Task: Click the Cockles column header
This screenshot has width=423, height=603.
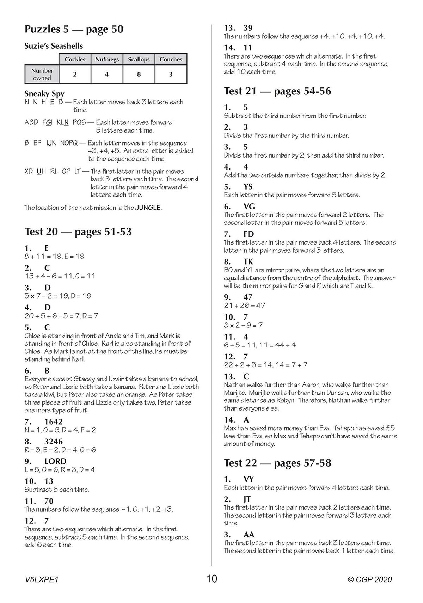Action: click(x=75, y=59)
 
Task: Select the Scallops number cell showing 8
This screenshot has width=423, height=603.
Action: click(x=139, y=74)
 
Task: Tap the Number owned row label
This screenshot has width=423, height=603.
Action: click(x=42, y=74)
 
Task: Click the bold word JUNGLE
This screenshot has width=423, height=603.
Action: click(x=148, y=208)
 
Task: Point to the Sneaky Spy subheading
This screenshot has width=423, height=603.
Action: click(x=44, y=94)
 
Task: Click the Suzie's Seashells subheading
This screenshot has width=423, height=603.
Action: click(x=54, y=46)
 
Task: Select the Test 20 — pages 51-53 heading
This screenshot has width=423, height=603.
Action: click(x=78, y=232)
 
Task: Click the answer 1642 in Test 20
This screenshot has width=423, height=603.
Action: click(x=53, y=422)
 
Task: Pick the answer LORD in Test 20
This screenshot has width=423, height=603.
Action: click(x=55, y=461)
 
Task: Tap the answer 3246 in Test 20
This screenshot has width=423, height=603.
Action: click(x=53, y=441)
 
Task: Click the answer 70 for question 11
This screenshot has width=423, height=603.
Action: click(x=49, y=501)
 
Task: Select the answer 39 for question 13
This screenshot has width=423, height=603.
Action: click(x=248, y=28)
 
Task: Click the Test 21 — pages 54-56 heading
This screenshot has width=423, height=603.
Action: click(x=277, y=91)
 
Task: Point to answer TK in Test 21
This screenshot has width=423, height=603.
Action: click(x=248, y=261)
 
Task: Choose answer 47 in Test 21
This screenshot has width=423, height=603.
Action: click(x=248, y=297)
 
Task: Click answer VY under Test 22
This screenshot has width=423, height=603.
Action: click(x=249, y=479)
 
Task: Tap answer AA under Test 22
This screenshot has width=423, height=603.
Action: click(x=249, y=534)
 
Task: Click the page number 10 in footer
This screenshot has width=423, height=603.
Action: click(x=212, y=579)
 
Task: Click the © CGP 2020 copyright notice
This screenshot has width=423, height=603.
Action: click(x=369, y=580)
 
